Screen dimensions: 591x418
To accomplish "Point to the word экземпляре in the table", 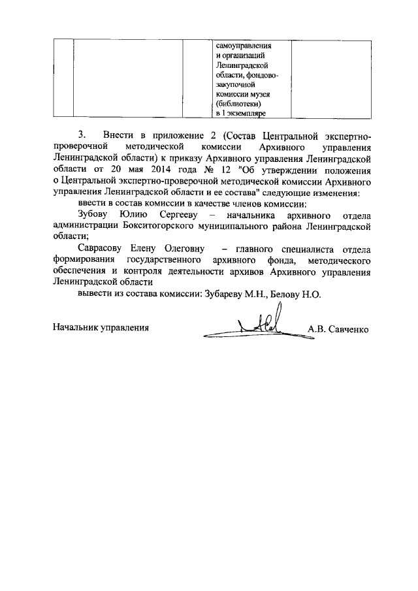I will [x=246, y=113].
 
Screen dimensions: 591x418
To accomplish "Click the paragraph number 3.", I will [x=81, y=135].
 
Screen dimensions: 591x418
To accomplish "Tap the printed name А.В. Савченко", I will [x=338, y=328].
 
